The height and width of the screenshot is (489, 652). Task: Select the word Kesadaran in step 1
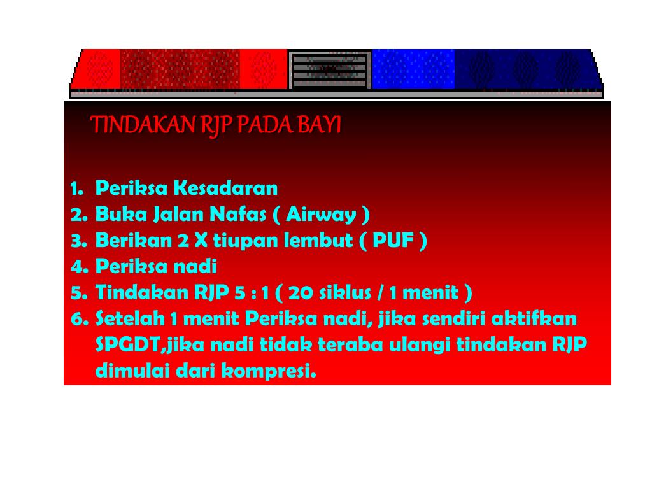[226, 188]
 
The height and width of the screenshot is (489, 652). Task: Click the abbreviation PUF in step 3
[395, 241]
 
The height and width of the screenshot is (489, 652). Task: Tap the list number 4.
[78, 267]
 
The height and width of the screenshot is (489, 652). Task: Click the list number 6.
[78, 319]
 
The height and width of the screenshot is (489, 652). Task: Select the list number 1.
[76, 188]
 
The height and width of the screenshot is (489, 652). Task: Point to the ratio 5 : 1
[252, 293]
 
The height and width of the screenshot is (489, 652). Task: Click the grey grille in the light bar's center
[329, 69]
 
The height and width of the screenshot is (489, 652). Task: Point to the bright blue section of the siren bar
[413, 68]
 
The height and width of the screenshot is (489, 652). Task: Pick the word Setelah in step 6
[129, 319]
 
